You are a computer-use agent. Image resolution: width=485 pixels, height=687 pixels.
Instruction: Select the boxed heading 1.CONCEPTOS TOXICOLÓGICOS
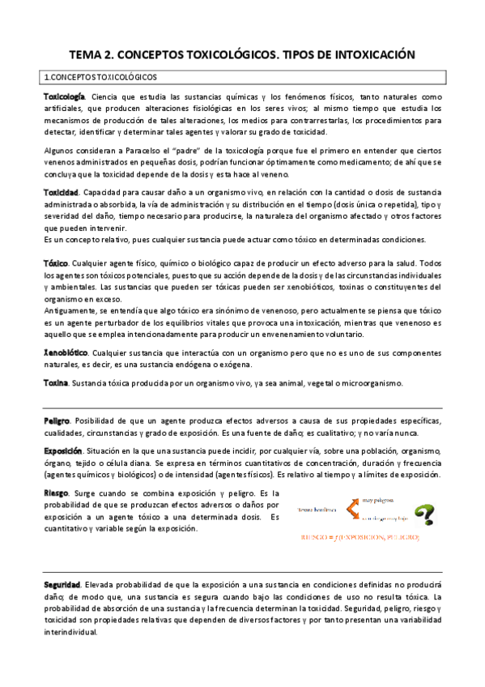pyautogui.click(x=100, y=78)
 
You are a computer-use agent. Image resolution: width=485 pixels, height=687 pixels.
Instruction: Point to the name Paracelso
pyautogui.click(x=142, y=151)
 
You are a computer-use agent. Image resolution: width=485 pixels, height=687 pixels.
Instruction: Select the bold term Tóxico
pyautogui.click(x=56, y=265)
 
